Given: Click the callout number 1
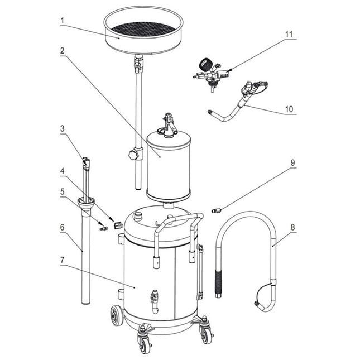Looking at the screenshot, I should (x=63, y=21).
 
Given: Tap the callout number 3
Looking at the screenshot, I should (x=63, y=129).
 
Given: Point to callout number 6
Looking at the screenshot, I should (x=63, y=227).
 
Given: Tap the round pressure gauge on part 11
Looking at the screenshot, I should (x=202, y=64).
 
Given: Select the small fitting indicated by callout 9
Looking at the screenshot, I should (x=217, y=210).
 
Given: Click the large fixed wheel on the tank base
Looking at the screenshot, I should (x=117, y=317).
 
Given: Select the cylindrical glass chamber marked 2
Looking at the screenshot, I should (x=168, y=165).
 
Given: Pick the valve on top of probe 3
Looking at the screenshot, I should (x=85, y=163).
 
